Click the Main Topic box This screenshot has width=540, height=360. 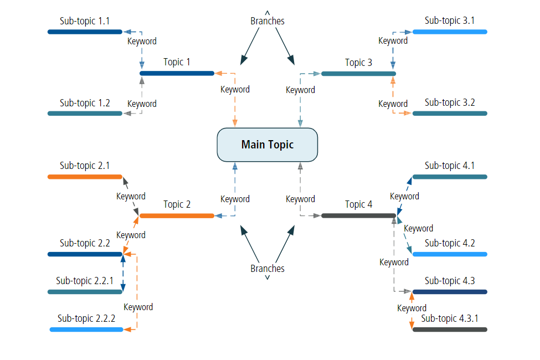pyautogui.click(x=267, y=145)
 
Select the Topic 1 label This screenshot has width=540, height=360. pyautogui.click(x=177, y=62)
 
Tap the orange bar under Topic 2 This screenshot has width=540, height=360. pyautogui.click(x=177, y=215)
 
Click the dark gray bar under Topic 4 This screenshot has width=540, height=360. pyautogui.click(x=358, y=215)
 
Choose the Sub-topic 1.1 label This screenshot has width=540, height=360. pyautogui.click(x=85, y=21)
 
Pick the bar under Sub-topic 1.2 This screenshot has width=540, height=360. pyautogui.click(x=85, y=114)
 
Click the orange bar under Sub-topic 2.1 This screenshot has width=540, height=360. pyautogui.click(x=85, y=177)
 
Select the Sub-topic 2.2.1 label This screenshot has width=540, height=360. pyautogui.click(x=85, y=281)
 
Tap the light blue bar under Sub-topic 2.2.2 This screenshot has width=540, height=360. pyautogui.click(x=86, y=330)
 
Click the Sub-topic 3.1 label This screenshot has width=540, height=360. pyautogui.click(x=450, y=20)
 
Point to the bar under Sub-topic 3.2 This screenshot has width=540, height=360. pyautogui.click(x=450, y=114)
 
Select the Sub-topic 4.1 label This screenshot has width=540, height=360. pyautogui.click(x=450, y=165)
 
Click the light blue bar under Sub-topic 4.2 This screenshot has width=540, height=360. pyautogui.click(x=450, y=254)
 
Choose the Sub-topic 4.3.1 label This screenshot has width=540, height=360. pyautogui.click(x=450, y=318)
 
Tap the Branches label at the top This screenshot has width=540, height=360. pyautogui.click(x=268, y=21)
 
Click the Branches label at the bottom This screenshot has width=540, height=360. pyautogui.click(x=268, y=269)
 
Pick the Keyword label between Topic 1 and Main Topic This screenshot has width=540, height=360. pyautogui.click(x=235, y=89)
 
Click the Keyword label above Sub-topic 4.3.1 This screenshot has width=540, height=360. pyautogui.click(x=412, y=308)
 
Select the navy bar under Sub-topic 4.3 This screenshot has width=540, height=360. pyautogui.click(x=450, y=292)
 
